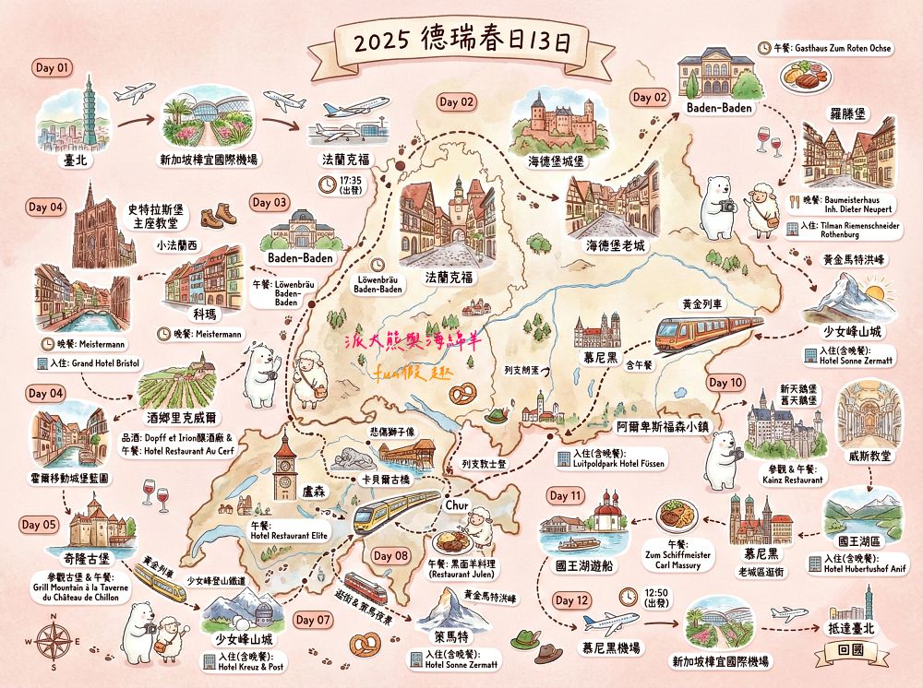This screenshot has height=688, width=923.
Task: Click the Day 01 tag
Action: coord(53,67)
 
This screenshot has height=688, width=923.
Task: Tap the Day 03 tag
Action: coord(270,202)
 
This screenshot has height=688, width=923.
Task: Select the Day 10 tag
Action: coord(725,382)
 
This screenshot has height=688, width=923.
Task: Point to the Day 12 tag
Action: coord(572,600)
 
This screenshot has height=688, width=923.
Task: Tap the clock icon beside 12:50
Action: coord(627,594)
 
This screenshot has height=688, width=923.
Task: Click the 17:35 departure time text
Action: coord(351,181)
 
